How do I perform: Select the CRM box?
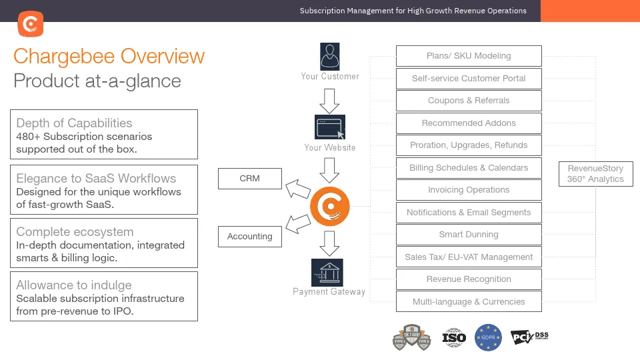click(x=249, y=179)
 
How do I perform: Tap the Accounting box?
click(x=249, y=237)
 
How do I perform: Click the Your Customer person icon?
click(x=329, y=56)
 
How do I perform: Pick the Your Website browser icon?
click(x=329, y=127)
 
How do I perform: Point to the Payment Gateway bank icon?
click(x=327, y=272)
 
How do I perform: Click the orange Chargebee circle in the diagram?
click(x=330, y=207)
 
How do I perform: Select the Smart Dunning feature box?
click(x=469, y=235)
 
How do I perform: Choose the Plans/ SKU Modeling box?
click(x=469, y=56)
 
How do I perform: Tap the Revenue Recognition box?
click(x=469, y=279)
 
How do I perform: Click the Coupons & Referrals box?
click(x=469, y=101)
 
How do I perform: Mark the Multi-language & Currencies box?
click(x=469, y=302)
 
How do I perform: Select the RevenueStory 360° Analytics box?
click(x=595, y=174)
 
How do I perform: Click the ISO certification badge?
click(x=454, y=338)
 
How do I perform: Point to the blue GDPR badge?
click(x=488, y=338)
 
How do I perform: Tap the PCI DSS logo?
click(x=529, y=337)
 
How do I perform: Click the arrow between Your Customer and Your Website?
click(x=329, y=99)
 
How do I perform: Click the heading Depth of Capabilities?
click(x=74, y=123)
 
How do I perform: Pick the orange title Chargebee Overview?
click(x=109, y=56)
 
